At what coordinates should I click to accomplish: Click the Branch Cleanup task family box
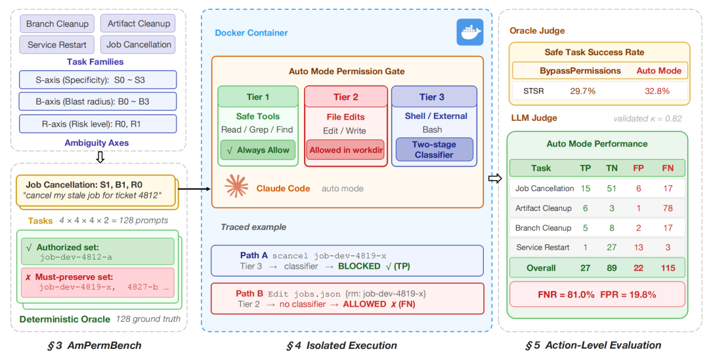pyautogui.click(x=57, y=24)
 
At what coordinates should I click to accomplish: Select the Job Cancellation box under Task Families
pyautogui.click(x=139, y=45)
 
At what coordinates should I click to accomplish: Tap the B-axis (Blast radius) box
pyautogui.click(x=98, y=101)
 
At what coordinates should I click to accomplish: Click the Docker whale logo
pyautogui.click(x=469, y=32)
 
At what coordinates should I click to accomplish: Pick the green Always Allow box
pyautogui.click(x=257, y=150)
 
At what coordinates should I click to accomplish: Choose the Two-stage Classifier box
pyautogui.click(x=433, y=150)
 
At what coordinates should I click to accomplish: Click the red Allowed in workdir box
pyautogui.click(x=345, y=150)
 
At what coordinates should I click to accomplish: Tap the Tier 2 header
pyautogui.click(x=345, y=97)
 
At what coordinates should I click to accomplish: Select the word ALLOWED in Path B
pyautogui.click(x=364, y=304)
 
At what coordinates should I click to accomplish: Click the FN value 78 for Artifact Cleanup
pyautogui.click(x=666, y=208)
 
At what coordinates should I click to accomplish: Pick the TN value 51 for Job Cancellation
pyautogui.click(x=611, y=189)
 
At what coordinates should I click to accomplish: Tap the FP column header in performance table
pyautogui.click(x=638, y=168)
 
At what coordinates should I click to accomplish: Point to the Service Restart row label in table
pyautogui.click(x=542, y=248)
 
